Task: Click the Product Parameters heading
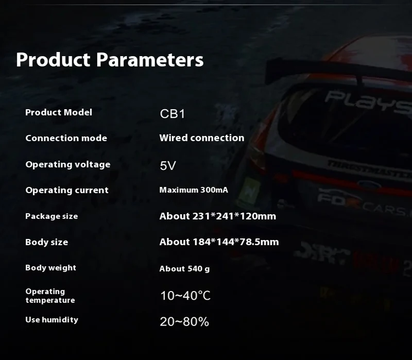tap(110, 60)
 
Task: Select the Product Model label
tap(59, 112)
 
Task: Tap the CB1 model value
tap(173, 114)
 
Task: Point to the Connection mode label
tap(66, 138)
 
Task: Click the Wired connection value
tap(202, 138)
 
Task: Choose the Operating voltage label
tap(68, 164)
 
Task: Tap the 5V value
tap(168, 165)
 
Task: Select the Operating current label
tap(67, 190)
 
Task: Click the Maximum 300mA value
tap(194, 190)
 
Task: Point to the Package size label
tap(51, 216)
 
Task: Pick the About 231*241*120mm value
tap(217, 216)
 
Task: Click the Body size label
tap(46, 242)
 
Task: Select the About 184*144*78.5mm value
tap(219, 242)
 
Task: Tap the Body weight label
tap(50, 267)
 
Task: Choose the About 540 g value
tap(184, 268)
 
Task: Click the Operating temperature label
tap(50, 296)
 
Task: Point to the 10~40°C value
tap(185, 296)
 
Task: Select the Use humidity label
tap(52, 319)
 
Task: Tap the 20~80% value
tap(184, 322)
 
